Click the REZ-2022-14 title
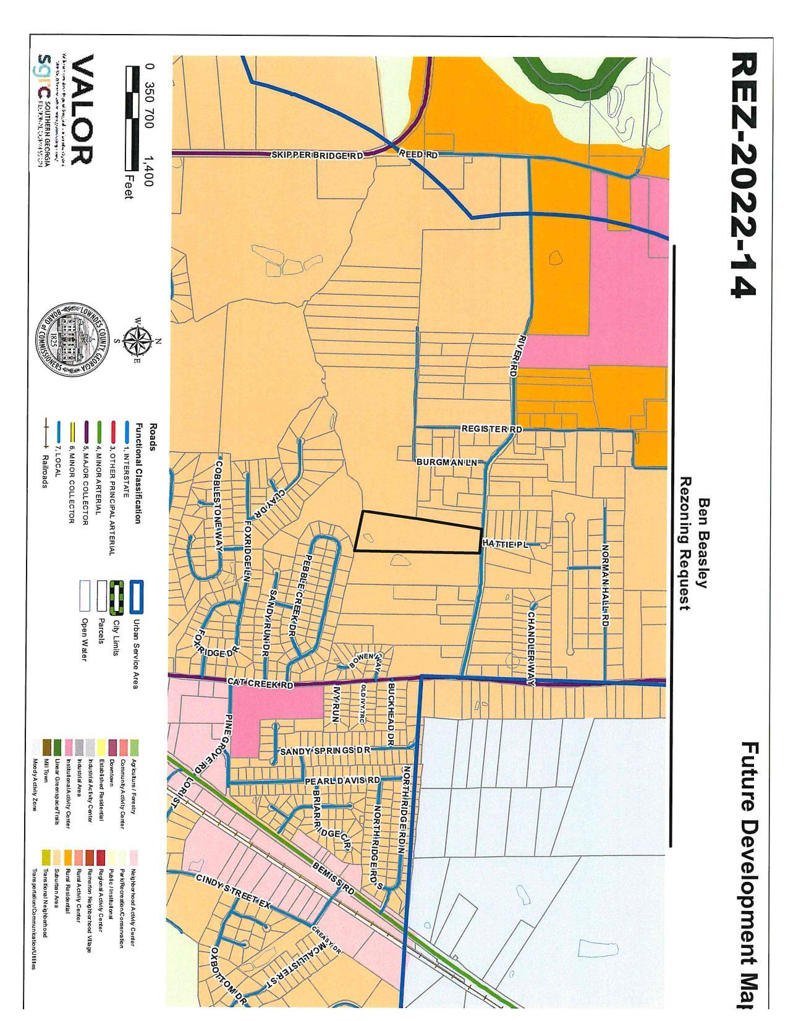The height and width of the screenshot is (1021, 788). pyautogui.click(x=742, y=176)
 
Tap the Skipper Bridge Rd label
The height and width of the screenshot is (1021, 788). pyautogui.click(x=317, y=155)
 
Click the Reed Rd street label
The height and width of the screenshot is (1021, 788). pyautogui.click(x=418, y=155)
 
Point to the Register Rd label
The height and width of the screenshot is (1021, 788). pyautogui.click(x=492, y=429)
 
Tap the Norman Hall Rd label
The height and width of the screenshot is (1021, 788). pyautogui.click(x=605, y=586)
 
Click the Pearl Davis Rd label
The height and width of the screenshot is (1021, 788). pyautogui.click(x=342, y=781)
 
